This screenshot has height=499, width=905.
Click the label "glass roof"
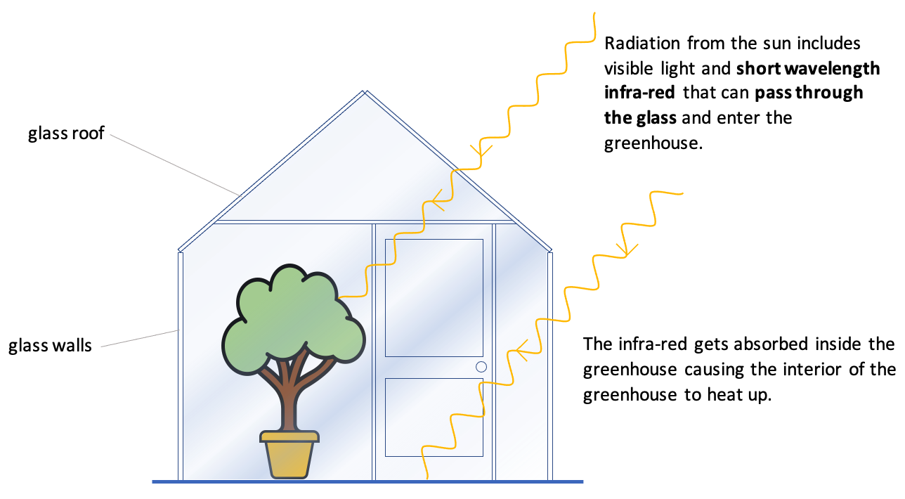pos(66,133)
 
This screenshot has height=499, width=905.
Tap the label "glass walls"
pos(50,345)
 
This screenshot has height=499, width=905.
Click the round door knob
pos(481,366)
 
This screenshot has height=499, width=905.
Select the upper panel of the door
pos(434,297)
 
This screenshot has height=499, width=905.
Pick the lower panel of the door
pos(434,417)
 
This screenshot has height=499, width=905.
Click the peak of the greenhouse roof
pos(364,92)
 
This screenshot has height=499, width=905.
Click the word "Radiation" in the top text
pos(642,43)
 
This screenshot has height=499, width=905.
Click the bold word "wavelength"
pos(829,68)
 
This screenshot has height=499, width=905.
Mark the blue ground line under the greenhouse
pos(367,481)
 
